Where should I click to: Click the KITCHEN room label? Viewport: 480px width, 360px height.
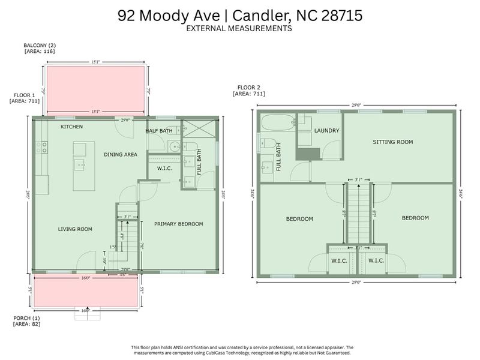(x=71, y=127)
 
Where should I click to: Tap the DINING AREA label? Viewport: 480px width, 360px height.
(x=121, y=155)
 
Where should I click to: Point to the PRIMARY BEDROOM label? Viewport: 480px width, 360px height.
(x=178, y=224)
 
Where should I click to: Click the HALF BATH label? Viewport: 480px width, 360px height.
(x=159, y=131)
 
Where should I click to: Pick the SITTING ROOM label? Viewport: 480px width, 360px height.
(x=393, y=142)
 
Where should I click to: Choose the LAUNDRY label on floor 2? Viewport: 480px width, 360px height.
(x=327, y=131)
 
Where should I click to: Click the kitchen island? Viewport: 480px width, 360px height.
(x=84, y=166)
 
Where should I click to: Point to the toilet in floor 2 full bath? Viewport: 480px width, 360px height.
(x=268, y=143)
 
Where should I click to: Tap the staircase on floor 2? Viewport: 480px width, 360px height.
(x=358, y=213)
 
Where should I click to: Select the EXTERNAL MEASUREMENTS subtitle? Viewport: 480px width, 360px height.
(x=239, y=28)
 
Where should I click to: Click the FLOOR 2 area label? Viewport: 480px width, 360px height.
(x=248, y=91)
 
